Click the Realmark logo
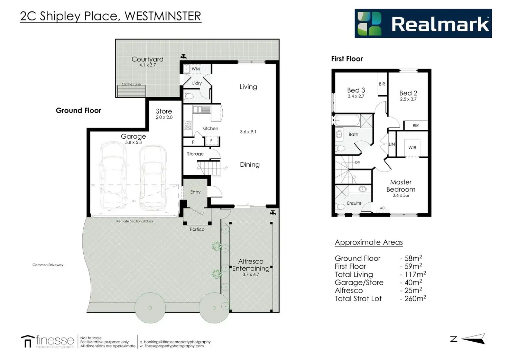coord(423,23)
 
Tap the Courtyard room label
coord(147,59)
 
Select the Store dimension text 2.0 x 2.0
coord(164,117)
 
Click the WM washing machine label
coord(196,69)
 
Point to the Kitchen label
coord(210,128)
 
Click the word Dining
coord(250,165)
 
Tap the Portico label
coord(197,229)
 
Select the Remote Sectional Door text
coord(135,221)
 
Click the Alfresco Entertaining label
coord(251,265)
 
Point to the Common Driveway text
coord(48,265)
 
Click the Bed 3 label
coord(356,90)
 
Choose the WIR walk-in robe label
coord(412,148)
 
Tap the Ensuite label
coord(354,203)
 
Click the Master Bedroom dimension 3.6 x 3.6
coord(401,195)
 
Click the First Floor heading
coord(347,59)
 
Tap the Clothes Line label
coord(131,84)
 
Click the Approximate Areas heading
coord(369,242)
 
